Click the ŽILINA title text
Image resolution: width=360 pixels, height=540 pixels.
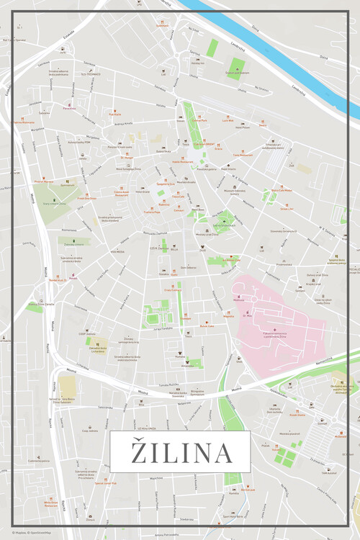[180, 453]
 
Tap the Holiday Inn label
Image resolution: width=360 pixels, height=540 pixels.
[197, 63]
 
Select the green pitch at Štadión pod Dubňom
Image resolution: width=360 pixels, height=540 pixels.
[237, 67]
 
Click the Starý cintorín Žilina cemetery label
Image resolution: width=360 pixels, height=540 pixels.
[51, 204]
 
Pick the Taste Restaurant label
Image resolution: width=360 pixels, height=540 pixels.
[243, 155]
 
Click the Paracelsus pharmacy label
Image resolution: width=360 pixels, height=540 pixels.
[69, 109]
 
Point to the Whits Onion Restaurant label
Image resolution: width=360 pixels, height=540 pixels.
[50, 504]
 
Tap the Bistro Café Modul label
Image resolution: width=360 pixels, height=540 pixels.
[285, 191]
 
